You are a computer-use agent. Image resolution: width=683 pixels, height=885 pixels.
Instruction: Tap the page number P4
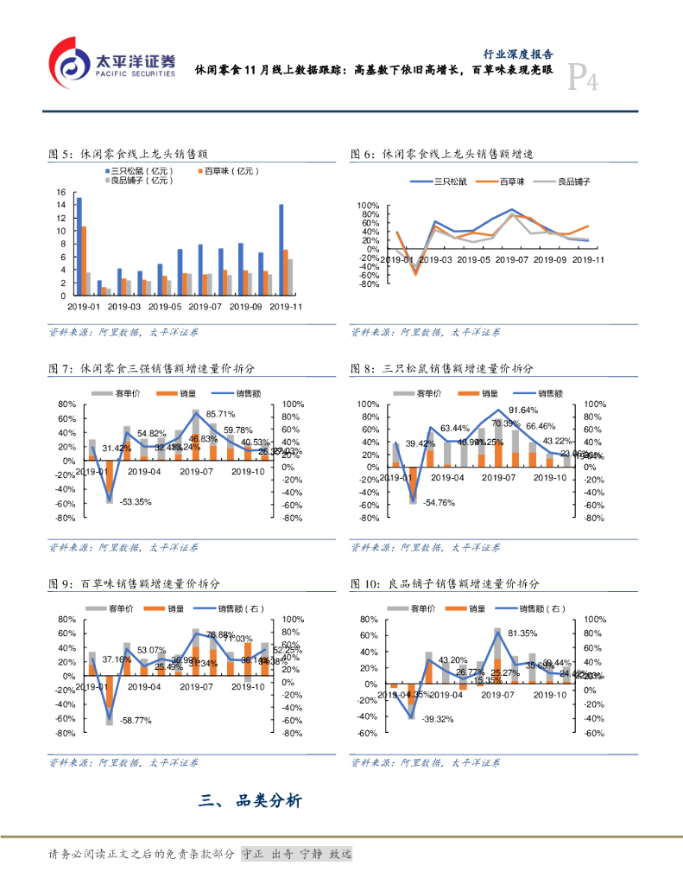pos(584,81)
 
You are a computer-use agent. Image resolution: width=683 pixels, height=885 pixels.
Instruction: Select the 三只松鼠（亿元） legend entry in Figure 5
pos(142,171)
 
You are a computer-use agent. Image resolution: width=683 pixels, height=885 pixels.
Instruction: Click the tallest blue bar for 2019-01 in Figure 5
pos(79,246)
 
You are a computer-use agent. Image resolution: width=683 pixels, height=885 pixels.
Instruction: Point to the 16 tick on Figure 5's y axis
pos(60,192)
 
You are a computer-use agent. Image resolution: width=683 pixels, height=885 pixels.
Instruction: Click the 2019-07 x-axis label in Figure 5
pos(205,306)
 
